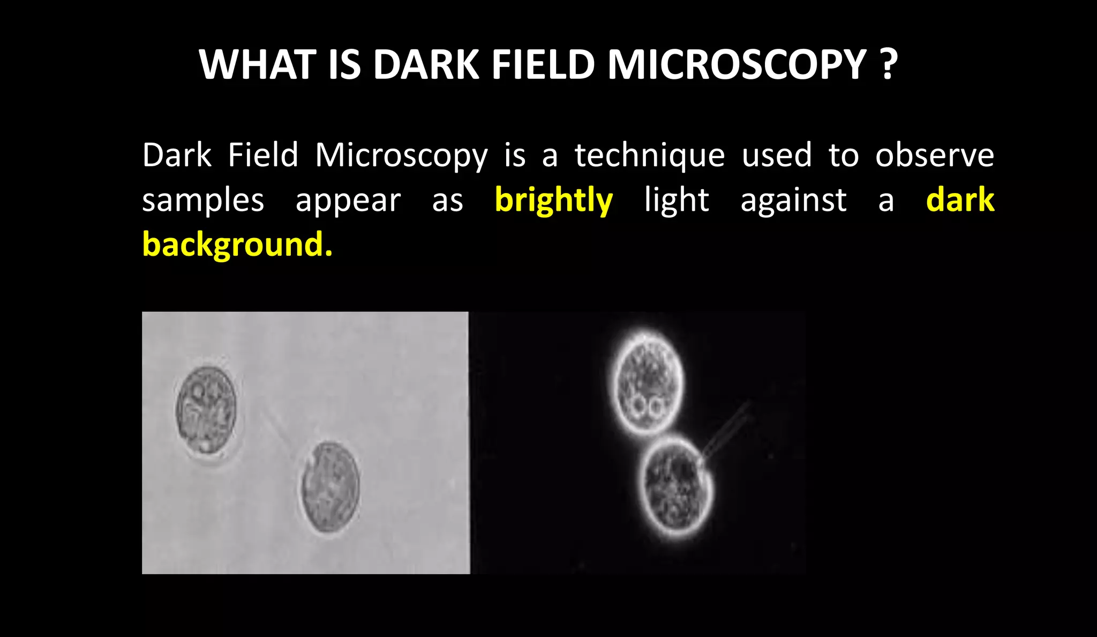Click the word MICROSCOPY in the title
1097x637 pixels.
point(737,65)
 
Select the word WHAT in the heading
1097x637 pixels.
point(257,65)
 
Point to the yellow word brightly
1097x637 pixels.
point(554,201)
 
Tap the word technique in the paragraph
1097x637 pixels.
point(650,156)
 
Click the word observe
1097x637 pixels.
point(935,155)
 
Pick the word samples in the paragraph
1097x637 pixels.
point(203,201)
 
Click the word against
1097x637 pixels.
point(793,201)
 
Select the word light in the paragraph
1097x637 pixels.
point(677,201)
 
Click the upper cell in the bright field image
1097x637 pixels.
point(206,410)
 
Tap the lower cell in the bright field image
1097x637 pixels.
point(329,486)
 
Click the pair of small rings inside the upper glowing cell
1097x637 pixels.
point(647,407)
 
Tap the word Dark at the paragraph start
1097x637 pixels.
point(177,155)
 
